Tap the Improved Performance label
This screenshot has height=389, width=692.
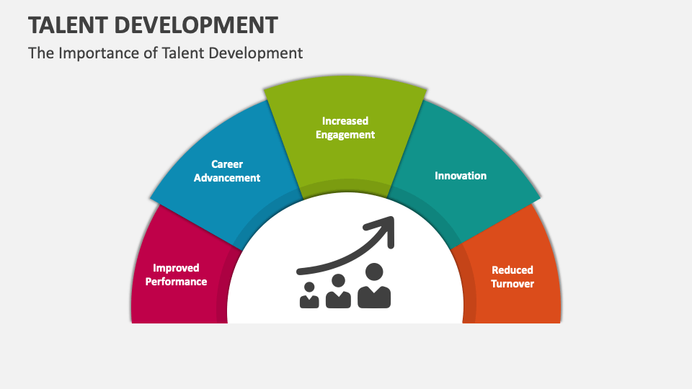coord(176,274)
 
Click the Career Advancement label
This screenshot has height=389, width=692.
coord(227,171)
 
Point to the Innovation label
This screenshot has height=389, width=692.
coord(461,176)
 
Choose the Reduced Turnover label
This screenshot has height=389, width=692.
coord(513,277)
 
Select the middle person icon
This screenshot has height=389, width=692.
coord(338,291)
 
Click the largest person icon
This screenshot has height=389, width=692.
coord(374,287)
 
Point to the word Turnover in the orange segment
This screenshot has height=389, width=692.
coord(513,284)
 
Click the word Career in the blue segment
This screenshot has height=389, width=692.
coord(227,164)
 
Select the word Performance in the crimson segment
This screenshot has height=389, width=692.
coord(176,282)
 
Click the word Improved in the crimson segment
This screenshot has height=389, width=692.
coord(176,268)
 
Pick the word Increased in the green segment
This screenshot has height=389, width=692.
coord(345,121)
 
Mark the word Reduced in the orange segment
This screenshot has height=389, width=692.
coord(513,270)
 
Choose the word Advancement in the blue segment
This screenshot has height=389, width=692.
coord(227,178)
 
